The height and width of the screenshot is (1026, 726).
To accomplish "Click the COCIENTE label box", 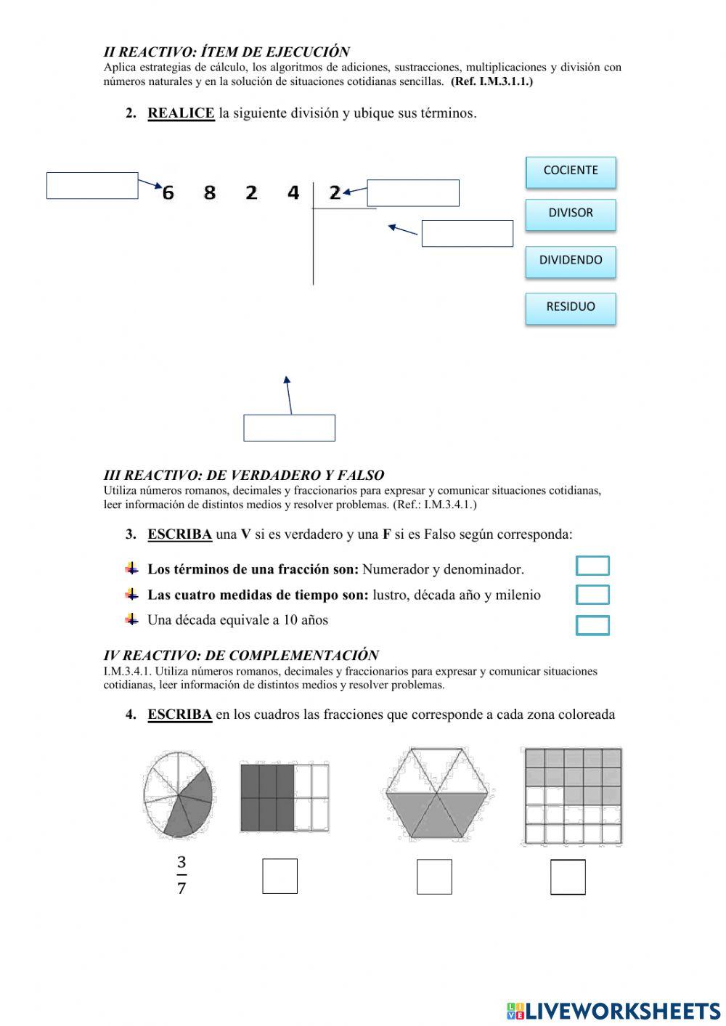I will click(x=571, y=171).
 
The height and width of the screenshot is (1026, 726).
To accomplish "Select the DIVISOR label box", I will click(x=571, y=214).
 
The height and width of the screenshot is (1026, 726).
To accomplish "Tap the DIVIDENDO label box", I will click(x=571, y=261).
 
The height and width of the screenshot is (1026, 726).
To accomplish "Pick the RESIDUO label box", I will click(x=571, y=307).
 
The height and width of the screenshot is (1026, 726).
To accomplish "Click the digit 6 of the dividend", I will click(x=168, y=193).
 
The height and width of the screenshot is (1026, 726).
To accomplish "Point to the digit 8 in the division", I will click(x=210, y=193).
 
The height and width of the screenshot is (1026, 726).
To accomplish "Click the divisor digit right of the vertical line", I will click(x=335, y=192).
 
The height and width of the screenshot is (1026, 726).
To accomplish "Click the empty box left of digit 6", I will click(x=92, y=185).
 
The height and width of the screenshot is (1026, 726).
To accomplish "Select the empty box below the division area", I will click(x=289, y=428).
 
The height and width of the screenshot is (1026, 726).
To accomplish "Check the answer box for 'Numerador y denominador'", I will click(x=592, y=566).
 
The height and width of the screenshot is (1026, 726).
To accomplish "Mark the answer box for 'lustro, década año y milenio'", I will click(x=592, y=595).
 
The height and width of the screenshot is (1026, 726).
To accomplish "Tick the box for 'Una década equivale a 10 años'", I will click(x=592, y=625).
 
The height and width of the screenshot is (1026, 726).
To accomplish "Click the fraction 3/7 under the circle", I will click(x=181, y=875).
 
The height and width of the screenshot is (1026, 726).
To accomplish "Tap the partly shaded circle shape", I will click(x=178, y=794).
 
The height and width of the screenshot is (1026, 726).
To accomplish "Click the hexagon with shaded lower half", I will click(x=436, y=794).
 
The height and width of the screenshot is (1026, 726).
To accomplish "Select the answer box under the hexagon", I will click(x=434, y=876).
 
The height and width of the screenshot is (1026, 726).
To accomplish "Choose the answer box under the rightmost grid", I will click(x=568, y=876).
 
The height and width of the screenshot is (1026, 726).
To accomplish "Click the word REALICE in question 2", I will click(x=181, y=113).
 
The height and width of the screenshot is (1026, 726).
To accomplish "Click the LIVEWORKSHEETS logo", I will click(x=613, y=1011).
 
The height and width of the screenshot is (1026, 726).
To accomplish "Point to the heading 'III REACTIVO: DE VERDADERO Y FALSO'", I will click(x=244, y=476).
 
